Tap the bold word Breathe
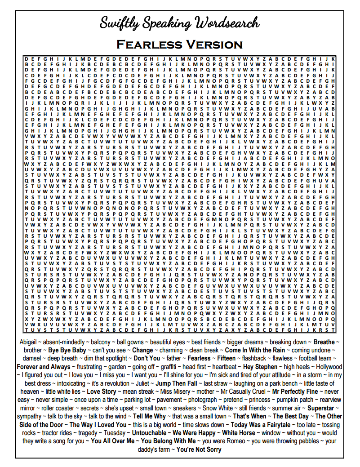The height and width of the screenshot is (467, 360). pyautogui.click(x=324, y=342)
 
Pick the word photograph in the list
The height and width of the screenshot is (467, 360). pyautogui.click(x=203, y=400)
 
